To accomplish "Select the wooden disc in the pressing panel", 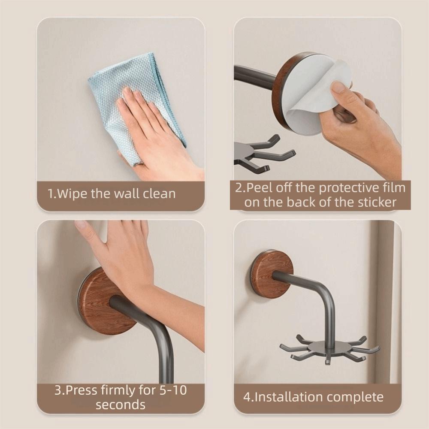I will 97,305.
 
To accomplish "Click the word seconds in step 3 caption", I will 121,405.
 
